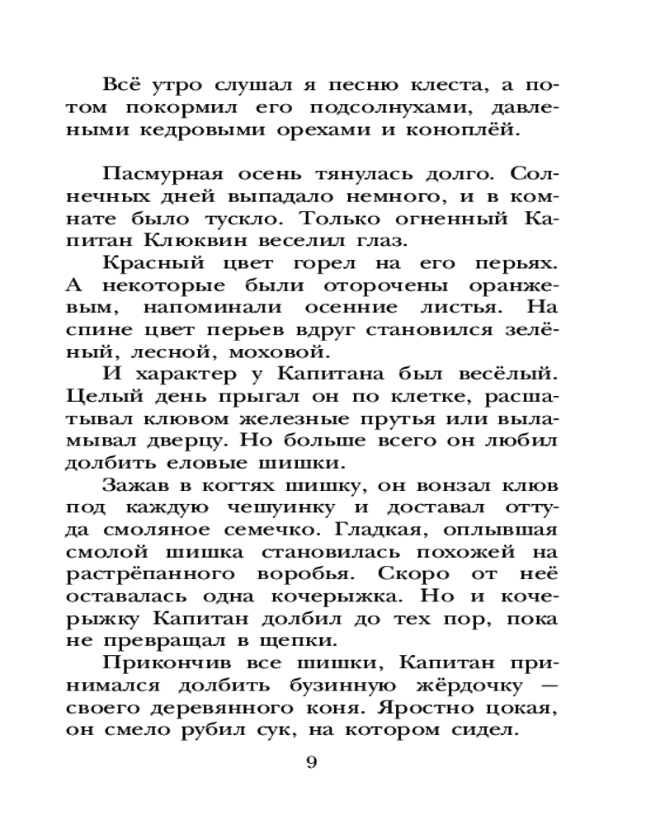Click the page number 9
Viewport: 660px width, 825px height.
311,762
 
